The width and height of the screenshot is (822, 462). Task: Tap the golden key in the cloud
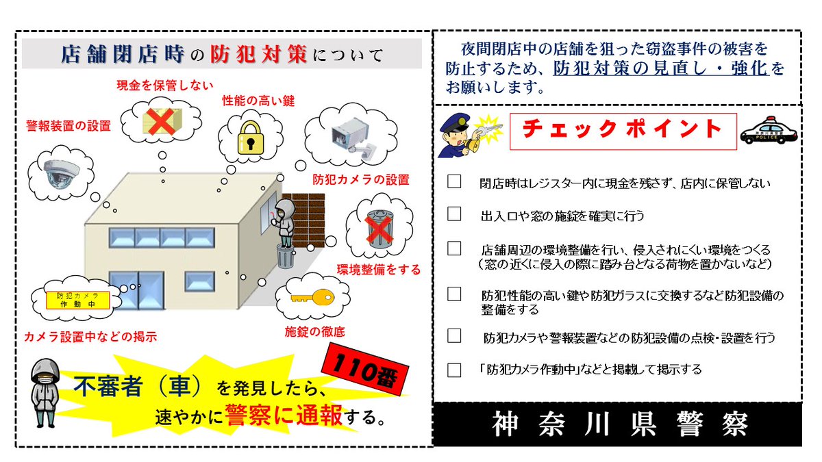click(x=310, y=298)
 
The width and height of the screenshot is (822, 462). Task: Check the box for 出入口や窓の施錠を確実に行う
click(x=454, y=214)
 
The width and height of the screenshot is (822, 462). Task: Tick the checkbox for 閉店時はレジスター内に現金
click(x=454, y=182)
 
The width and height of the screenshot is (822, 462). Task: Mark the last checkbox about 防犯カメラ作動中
click(x=454, y=370)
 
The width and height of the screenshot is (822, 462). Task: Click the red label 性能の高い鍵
click(x=258, y=101)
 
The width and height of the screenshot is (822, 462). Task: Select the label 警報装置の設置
click(x=68, y=126)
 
